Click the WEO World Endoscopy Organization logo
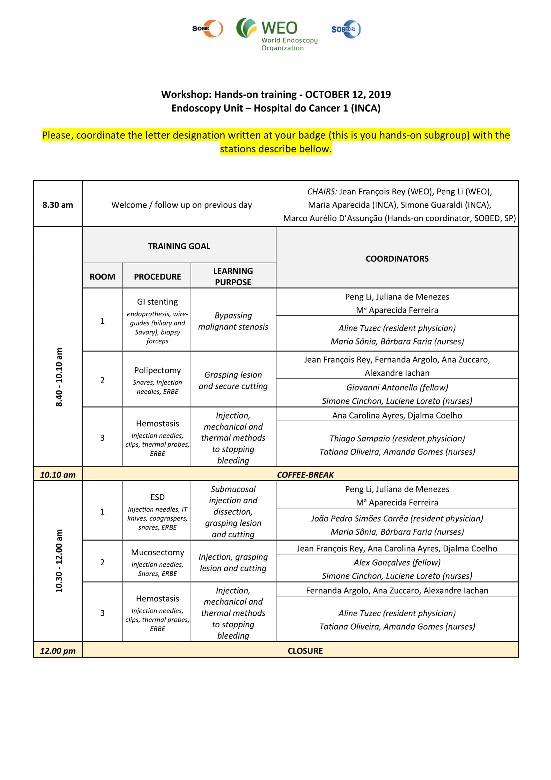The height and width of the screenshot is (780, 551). coord(277,34)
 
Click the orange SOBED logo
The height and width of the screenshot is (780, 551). coord(208,29)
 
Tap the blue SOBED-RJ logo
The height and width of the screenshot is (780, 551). coord(346,29)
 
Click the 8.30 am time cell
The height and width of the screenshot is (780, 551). coord(58,205)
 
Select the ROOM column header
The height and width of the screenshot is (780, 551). coord(102,276)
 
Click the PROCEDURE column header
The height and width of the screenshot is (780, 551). coord(157,276)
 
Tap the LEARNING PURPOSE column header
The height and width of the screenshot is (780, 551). coord(233,276)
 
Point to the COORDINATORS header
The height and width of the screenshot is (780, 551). coord(397,258)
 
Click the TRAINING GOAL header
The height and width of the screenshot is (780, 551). coord(179,246)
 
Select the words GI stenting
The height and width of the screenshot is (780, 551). coord(157,302)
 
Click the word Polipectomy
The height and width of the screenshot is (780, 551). coord(157,370)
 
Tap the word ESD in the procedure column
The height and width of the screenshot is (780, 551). coord(157,497)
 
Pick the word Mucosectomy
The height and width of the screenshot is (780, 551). coord(157,552)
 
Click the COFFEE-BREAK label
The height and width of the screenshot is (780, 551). coord(305,475)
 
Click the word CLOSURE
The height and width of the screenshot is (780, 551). coord(305,651)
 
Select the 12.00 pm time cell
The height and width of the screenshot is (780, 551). coord(58,651)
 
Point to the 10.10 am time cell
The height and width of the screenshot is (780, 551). coord(58,475)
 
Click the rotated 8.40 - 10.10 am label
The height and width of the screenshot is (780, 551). coord(59,377)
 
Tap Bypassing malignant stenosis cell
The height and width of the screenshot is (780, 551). coord(233,321)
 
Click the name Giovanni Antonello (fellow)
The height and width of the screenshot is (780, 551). coord(397,387)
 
